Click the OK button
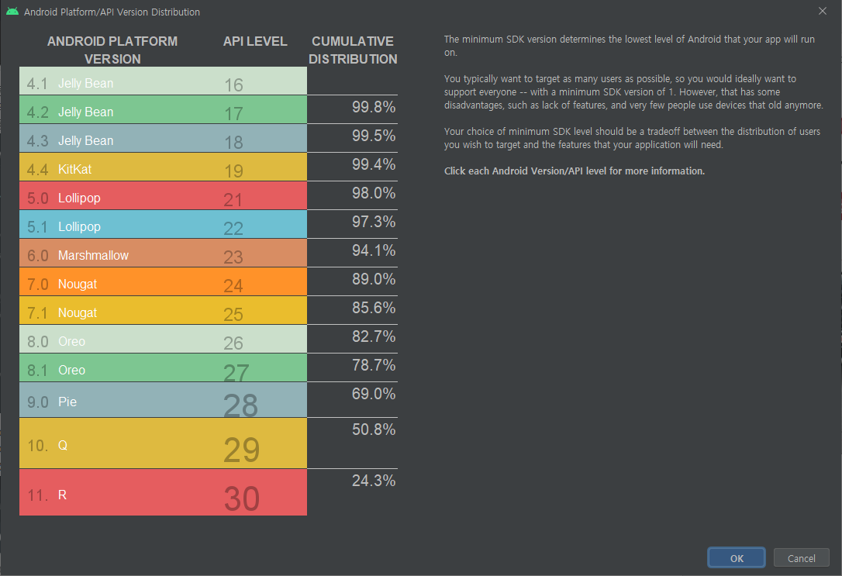click(736, 558)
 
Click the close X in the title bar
click(823, 12)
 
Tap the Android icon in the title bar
click(12, 12)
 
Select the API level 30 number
click(241, 498)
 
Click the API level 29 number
click(241, 450)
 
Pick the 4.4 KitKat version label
click(59, 169)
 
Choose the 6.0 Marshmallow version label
click(78, 255)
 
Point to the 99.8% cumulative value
click(374, 108)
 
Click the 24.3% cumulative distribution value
click(374, 481)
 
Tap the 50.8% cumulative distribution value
click(374, 429)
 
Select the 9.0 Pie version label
click(52, 402)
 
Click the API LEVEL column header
click(255, 41)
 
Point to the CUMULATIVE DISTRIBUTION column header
click(353, 50)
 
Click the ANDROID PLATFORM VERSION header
click(112, 50)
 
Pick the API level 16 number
click(233, 85)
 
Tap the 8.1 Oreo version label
click(56, 370)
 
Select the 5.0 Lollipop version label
click(64, 198)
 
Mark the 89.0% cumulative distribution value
click(374, 279)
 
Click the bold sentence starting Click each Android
click(574, 171)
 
